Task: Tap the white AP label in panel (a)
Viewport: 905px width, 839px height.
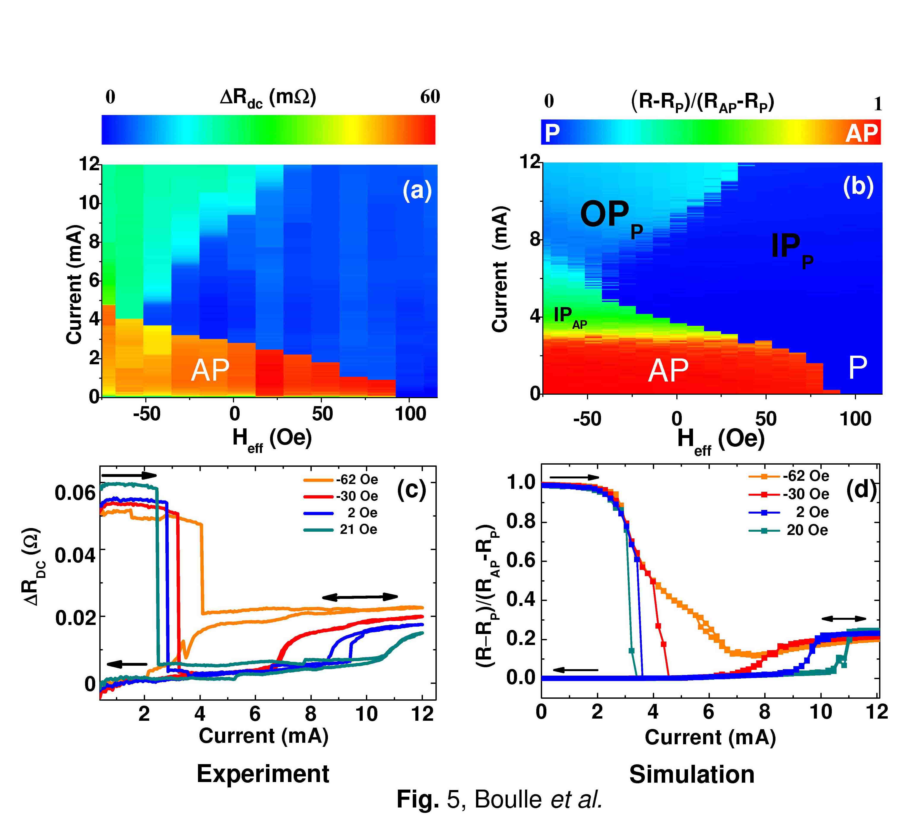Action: pyautogui.click(x=210, y=370)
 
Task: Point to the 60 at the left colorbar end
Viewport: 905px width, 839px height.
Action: pyautogui.click(x=430, y=97)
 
